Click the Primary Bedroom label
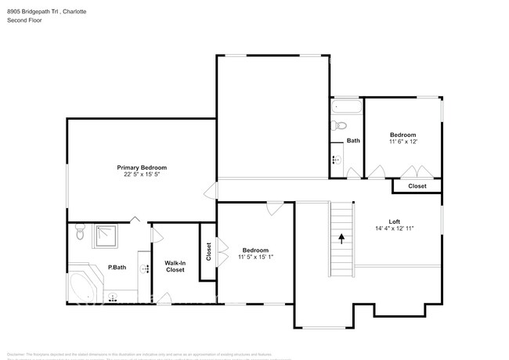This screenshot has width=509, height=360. (142, 167)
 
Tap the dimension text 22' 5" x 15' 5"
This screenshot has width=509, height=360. (142, 175)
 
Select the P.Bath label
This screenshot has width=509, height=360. (117, 268)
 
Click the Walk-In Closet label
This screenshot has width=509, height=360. (175, 266)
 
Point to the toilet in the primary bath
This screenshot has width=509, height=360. (79, 233)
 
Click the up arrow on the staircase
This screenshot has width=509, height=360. (341, 238)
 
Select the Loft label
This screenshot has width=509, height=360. (394, 221)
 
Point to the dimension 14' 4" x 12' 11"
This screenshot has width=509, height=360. (394, 229)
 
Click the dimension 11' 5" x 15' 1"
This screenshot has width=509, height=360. (254, 257)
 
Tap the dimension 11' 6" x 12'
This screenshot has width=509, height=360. (403, 142)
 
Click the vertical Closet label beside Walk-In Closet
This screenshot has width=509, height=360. (208, 251)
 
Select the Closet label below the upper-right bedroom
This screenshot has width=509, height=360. (417, 186)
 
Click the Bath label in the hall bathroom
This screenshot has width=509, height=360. (353, 141)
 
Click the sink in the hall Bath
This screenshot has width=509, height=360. (337, 160)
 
